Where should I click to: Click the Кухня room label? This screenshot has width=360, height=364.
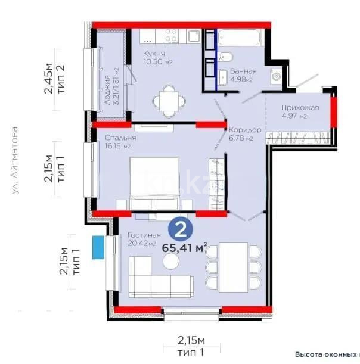tap(153, 54)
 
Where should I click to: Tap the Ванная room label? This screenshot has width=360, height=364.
tap(243, 70)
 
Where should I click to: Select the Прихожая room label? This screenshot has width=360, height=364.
tap(300, 107)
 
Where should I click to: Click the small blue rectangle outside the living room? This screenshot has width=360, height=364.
tap(95, 245)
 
